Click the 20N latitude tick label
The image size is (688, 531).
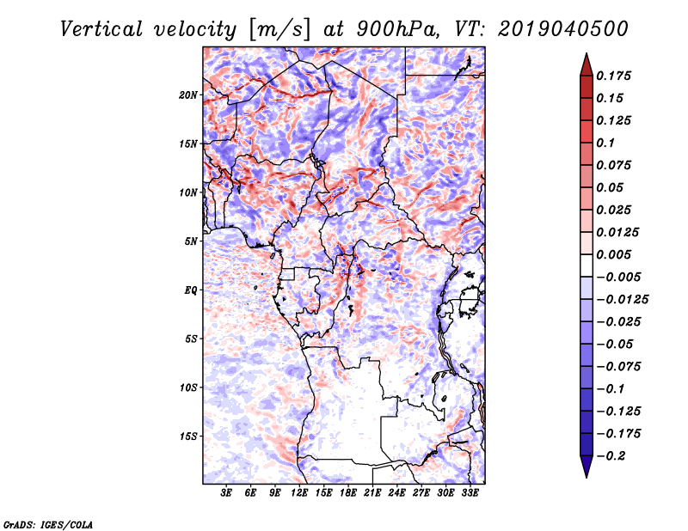pos(188,95)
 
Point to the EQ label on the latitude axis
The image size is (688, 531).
pos(191,290)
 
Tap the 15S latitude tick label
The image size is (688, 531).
pos(188,436)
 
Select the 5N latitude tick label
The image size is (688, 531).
pos(191,241)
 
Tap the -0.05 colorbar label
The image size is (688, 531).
pos(617,344)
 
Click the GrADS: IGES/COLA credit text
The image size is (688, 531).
pos(47,522)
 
